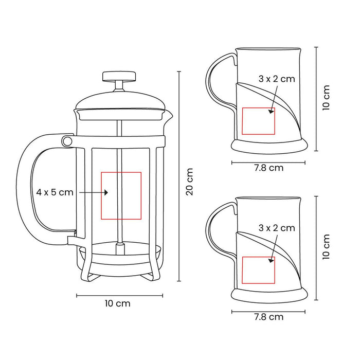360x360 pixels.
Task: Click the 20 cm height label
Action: click(x=190, y=182)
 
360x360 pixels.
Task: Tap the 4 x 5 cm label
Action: click(x=55, y=192)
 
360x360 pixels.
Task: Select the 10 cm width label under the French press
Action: click(x=118, y=303)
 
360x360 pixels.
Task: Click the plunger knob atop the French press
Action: click(x=119, y=76)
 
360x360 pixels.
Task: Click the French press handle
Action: click(x=23, y=188)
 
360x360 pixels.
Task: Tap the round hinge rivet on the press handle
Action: click(x=67, y=140)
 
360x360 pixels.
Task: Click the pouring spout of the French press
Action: click(x=169, y=115)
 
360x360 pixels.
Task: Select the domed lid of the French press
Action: click(x=120, y=100)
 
